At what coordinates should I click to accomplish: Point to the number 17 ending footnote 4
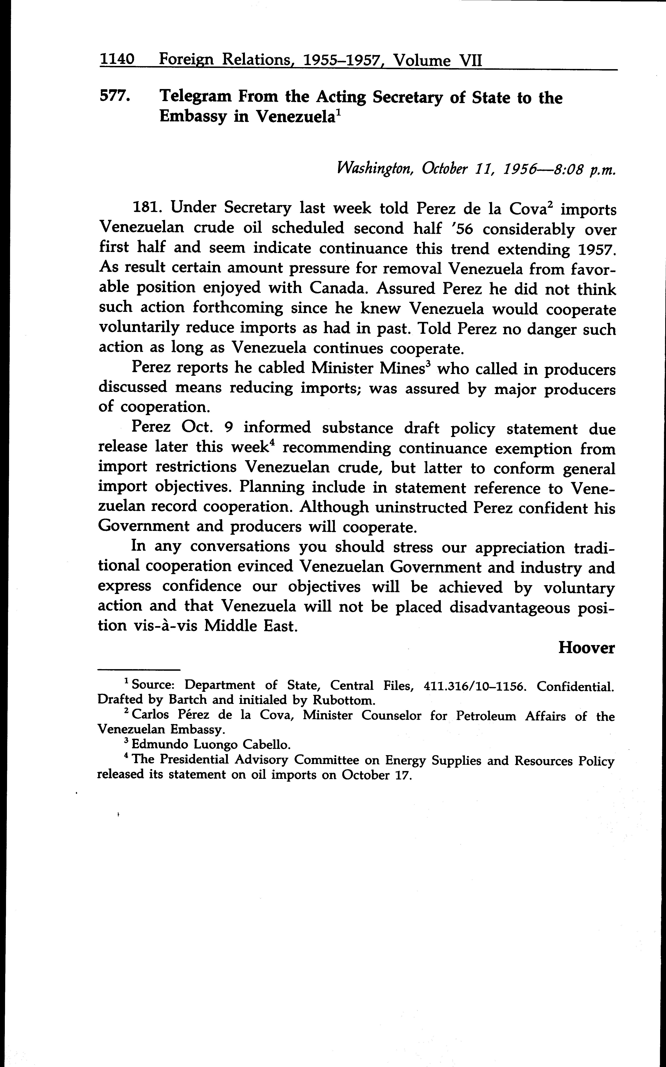pos(403,774)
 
